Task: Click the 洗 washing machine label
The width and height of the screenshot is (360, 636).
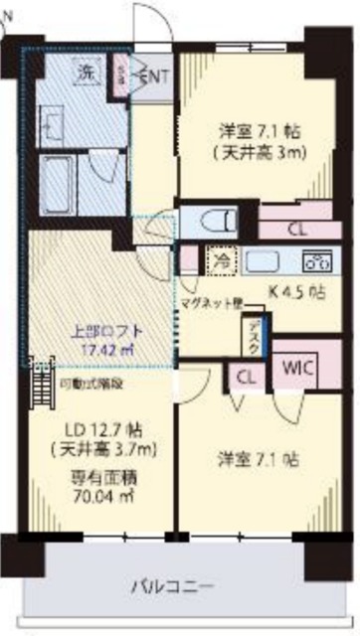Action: pos(87,73)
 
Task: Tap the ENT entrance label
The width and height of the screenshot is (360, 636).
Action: pos(155,76)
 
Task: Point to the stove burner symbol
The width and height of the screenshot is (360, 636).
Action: pos(316,261)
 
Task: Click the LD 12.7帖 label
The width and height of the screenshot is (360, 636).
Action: pos(102,429)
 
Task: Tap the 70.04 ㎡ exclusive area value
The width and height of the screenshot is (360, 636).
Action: pos(102,490)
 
